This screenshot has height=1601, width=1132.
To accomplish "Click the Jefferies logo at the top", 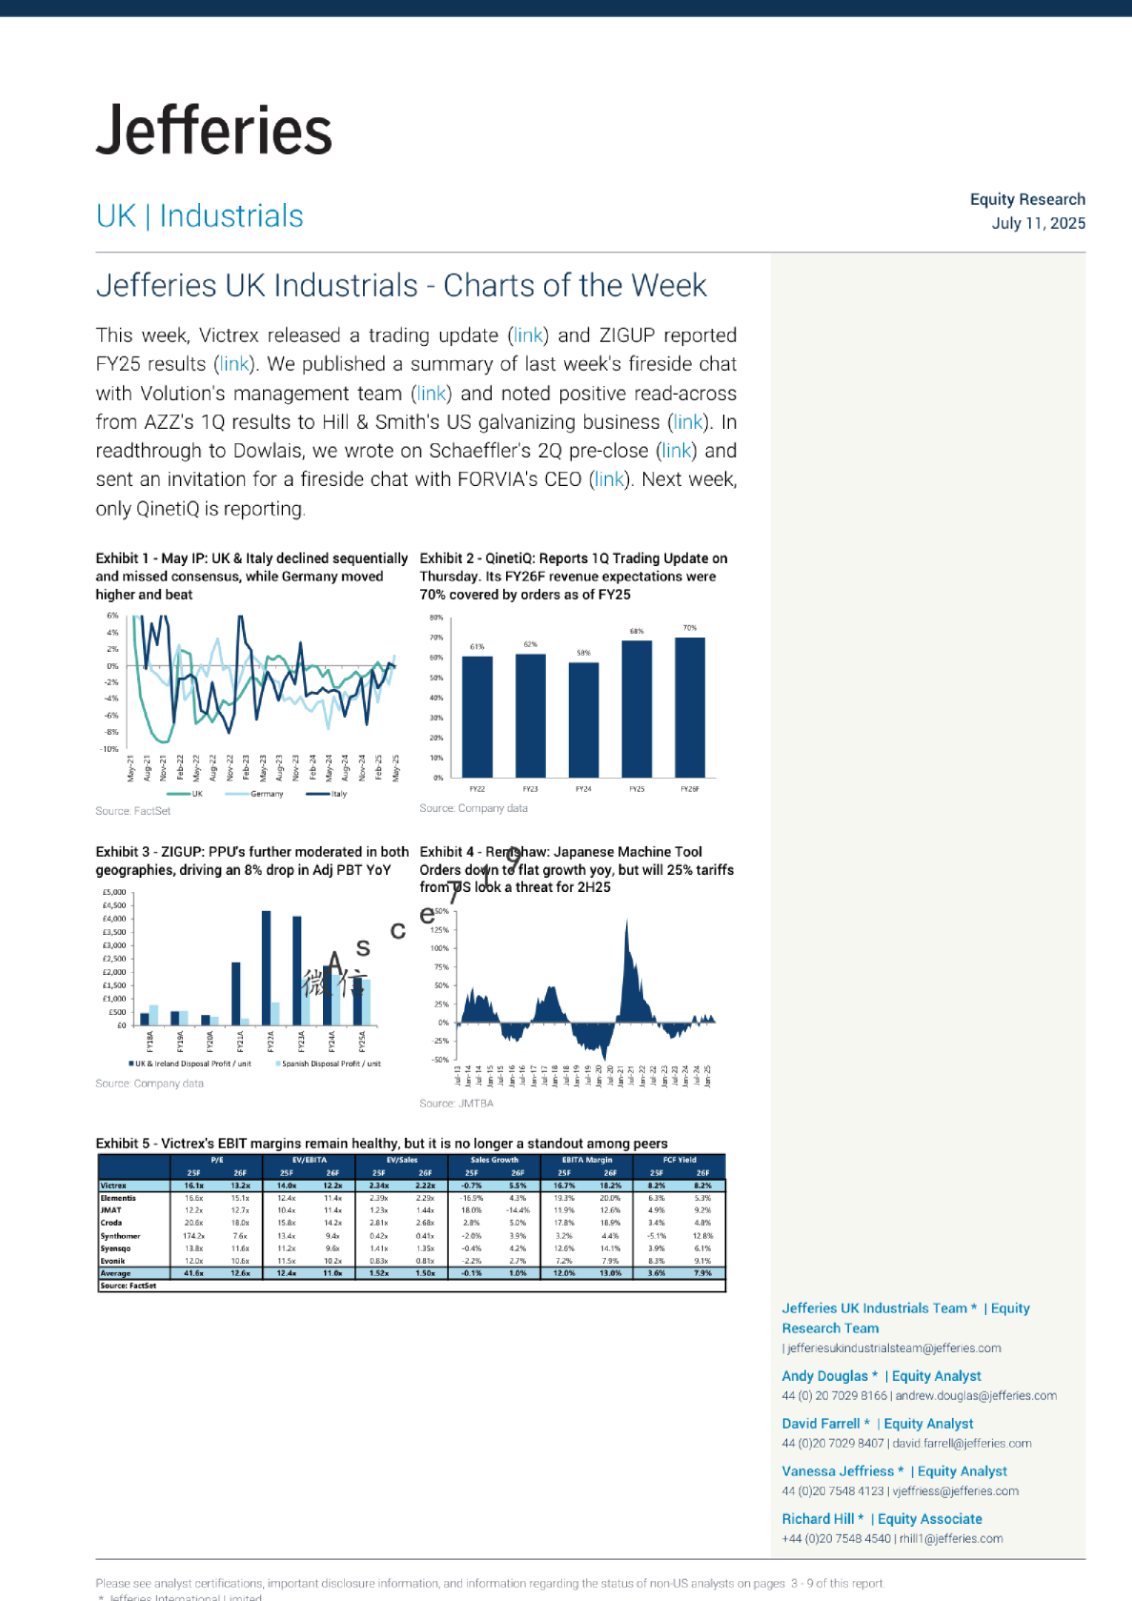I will tap(214, 131).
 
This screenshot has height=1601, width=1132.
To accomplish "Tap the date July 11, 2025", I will tap(1038, 223).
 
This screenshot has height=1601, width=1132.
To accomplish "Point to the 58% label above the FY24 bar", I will tap(583, 653).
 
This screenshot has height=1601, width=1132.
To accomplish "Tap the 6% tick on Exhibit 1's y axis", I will tap(112, 616).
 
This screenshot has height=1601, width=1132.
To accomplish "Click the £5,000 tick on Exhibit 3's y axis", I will tap(113, 893).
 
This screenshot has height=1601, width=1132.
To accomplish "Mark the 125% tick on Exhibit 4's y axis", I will tap(439, 930).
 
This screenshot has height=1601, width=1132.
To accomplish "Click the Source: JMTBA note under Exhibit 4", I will tap(456, 1104).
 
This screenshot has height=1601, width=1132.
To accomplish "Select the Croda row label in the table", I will tap(111, 1223).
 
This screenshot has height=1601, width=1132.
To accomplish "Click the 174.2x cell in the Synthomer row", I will tap(193, 1236).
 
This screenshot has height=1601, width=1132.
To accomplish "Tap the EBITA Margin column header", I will tap(587, 1160).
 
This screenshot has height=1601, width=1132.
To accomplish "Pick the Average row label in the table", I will tap(115, 1273).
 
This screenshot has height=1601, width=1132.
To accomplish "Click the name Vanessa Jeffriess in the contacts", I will tap(838, 1471).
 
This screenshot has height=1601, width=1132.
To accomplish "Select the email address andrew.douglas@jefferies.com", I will tap(976, 1396).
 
